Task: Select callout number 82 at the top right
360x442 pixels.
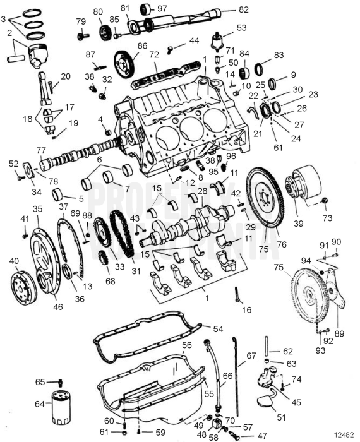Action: click(x=243, y=10)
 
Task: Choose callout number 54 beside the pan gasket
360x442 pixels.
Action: click(x=218, y=330)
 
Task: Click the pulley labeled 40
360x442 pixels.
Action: click(x=24, y=287)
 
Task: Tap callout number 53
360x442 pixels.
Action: click(x=242, y=28)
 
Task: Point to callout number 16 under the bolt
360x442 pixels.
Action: click(x=246, y=310)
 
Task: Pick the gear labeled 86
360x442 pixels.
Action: click(x=125, y=63)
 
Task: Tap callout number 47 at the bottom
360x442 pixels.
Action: click(x=262, y=436)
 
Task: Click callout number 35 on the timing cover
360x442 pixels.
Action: click(x=38, y=209)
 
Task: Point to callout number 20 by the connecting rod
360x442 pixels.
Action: click(x=66, y=76)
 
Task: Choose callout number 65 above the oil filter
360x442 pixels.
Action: click(x=40, y=382)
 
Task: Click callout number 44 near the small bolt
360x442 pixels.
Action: click(x=194, y=40)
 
